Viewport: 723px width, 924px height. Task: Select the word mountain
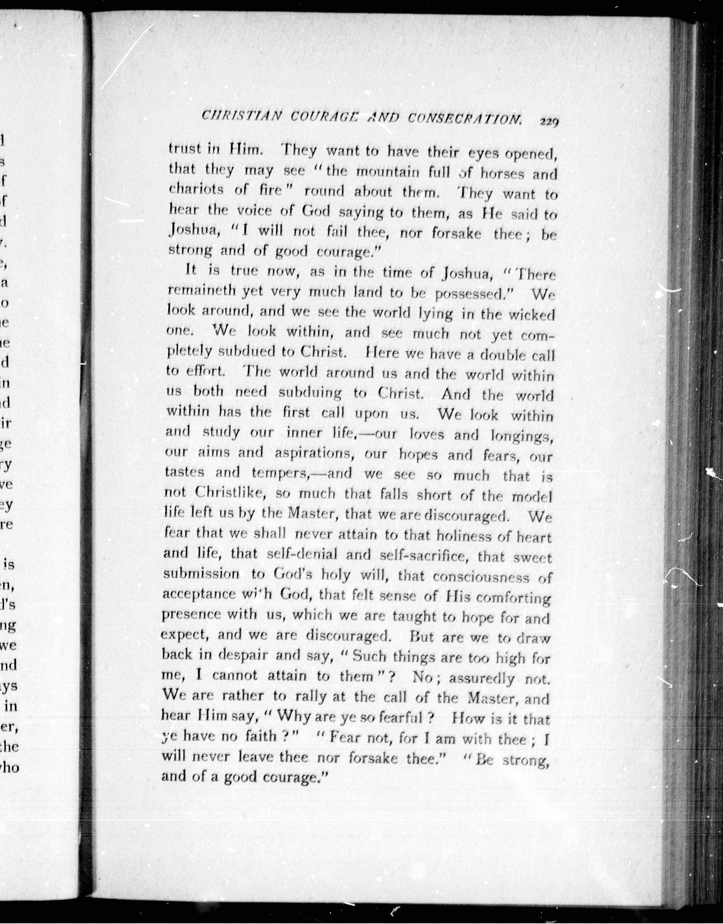point(385,172)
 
